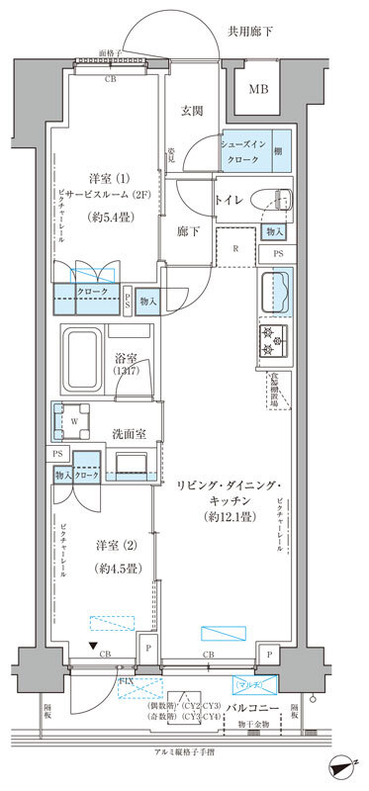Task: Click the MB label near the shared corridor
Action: [258, 90]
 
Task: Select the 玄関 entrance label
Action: [192, 112]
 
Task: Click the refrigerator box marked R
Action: [233, 248]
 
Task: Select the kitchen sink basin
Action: [275, 293]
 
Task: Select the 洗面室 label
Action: [128, 432]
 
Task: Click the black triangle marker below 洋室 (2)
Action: [93, 647]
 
